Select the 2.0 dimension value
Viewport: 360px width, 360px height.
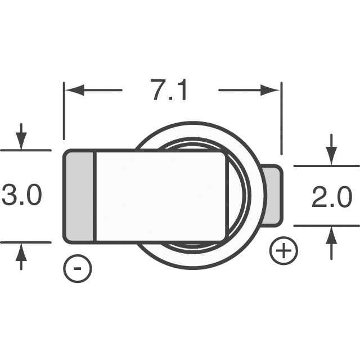[331, 198]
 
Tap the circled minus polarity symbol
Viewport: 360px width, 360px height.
[78, 269]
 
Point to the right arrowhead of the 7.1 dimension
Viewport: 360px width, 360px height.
[272, 90]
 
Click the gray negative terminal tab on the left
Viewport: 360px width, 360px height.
[80, 196]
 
